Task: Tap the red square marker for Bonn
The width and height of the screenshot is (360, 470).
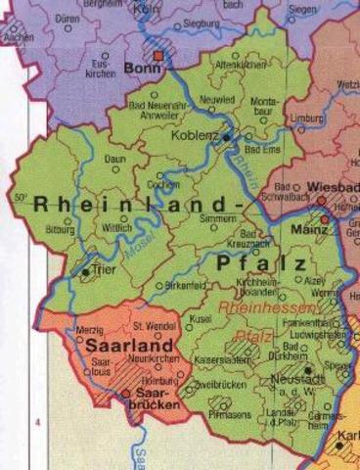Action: (158, 57)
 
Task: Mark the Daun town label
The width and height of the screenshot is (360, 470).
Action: (115, 158)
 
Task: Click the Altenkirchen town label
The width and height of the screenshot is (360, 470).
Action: (242, 64)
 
